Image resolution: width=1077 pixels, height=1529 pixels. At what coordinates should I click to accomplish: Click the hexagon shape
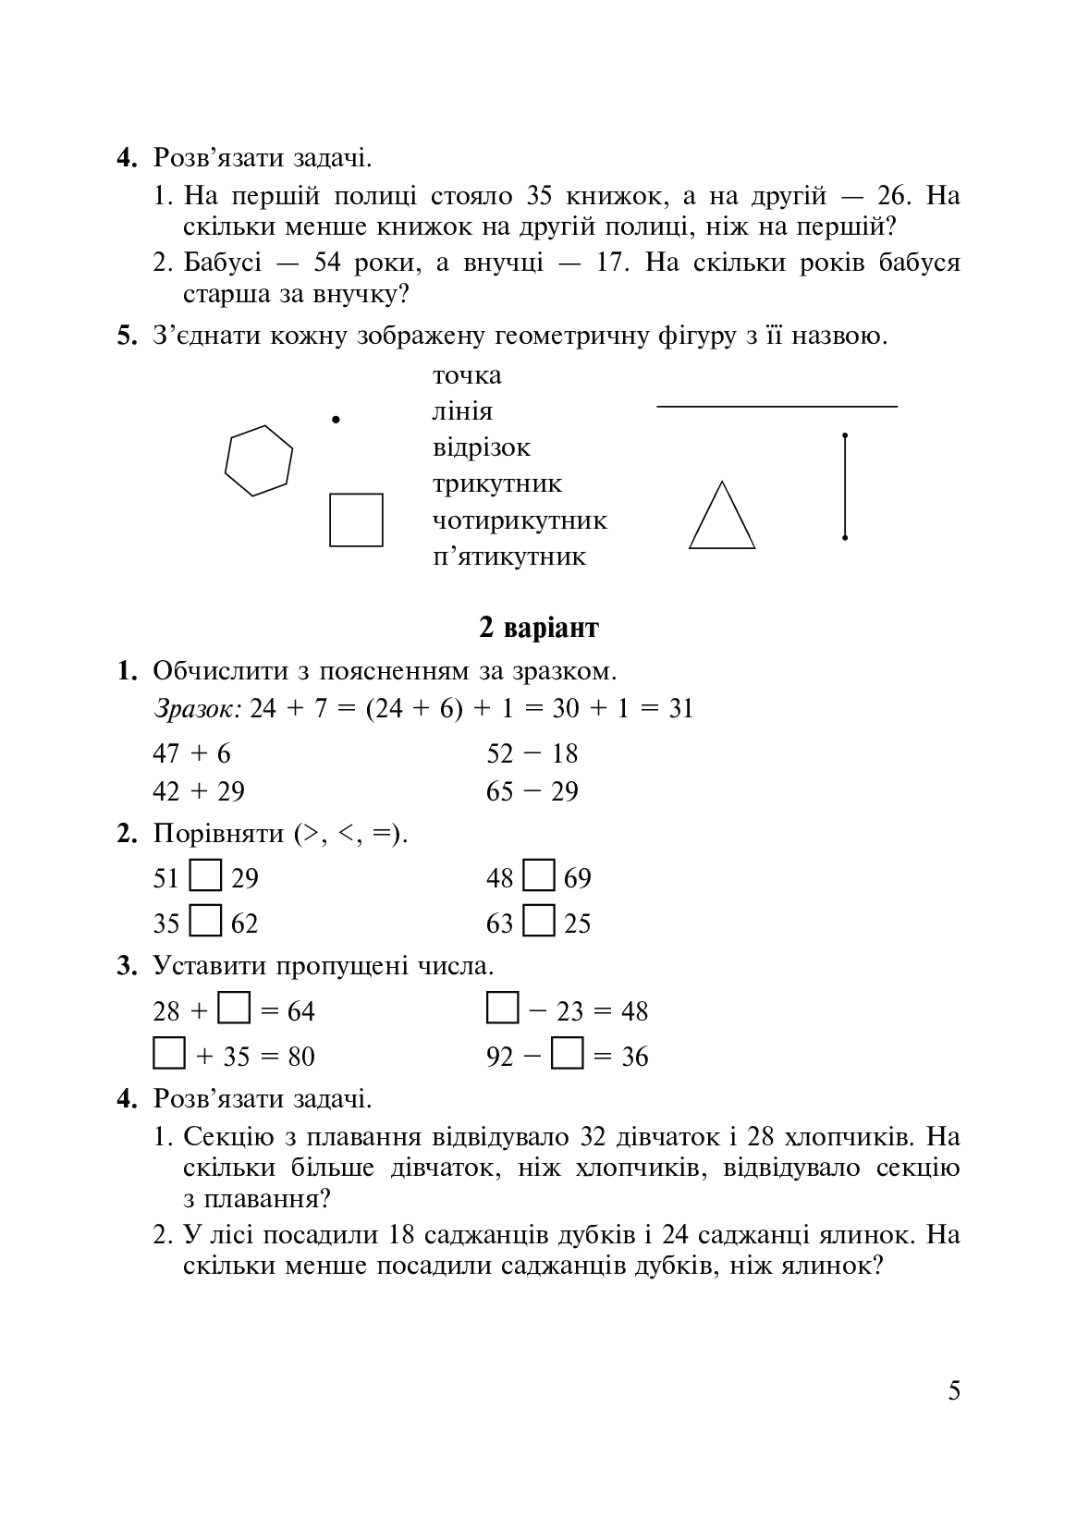tap(259, 460)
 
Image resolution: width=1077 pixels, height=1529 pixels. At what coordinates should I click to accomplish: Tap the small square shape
tap(356, 520)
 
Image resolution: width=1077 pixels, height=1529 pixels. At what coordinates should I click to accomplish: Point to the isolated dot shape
tap(337, 420)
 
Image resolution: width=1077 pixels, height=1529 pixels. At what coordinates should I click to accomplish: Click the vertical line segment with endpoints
tap(845, 485)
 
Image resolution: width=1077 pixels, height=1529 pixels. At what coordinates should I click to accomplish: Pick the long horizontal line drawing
tap(777, 406)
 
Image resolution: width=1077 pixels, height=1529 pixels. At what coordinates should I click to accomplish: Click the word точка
tap(467, 375)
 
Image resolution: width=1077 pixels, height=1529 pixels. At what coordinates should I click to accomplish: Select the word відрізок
tap(482, 447)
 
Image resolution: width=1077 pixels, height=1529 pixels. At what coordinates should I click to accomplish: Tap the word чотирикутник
tap(520, 520)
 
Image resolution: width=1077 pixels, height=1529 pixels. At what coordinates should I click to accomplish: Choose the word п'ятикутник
tap(509, 557)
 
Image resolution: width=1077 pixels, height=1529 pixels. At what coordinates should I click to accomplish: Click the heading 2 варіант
tap(538, 629)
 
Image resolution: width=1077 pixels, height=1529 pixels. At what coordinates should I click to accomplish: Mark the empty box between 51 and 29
tap(205, 876)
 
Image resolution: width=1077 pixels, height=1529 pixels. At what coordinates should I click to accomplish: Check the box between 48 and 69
tap(539, 876)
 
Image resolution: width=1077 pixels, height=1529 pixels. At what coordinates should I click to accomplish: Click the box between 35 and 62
tap(205, 922)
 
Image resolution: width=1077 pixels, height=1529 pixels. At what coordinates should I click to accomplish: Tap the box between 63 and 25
tap(539, 922)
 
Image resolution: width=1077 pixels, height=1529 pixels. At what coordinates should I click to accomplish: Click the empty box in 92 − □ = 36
tap(567, 1054)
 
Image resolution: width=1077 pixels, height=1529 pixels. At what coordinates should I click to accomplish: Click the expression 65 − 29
tap(532, 791)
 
